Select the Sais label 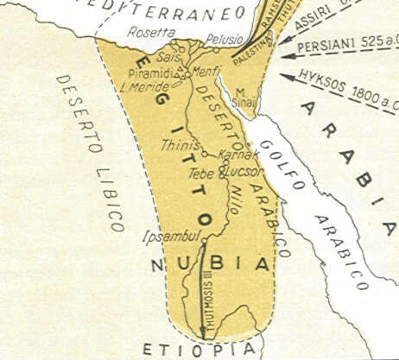pos(166,57)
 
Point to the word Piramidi pos(150,73)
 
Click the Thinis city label pos(180,145)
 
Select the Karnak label pos(237,155)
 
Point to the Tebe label pos(200,173)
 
